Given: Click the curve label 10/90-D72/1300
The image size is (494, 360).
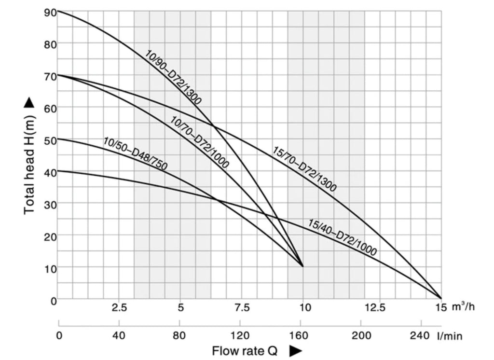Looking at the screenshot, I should (x=173, y=77).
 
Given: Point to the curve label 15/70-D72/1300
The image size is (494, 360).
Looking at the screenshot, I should (x=304, y=169).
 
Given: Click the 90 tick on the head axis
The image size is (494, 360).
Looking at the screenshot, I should (x=50, y=12).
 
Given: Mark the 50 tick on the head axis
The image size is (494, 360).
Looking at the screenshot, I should (x=50, y=140).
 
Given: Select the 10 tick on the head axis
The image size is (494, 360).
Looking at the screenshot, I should (x=50, y=267).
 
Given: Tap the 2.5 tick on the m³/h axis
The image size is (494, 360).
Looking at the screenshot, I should (x=119, y=308).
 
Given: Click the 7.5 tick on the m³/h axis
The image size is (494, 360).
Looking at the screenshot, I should (x=242, y=308).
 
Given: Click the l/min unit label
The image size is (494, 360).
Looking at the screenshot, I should (x=451, y=335).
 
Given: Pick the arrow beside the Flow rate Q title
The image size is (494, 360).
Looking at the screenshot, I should (x=295, y=351).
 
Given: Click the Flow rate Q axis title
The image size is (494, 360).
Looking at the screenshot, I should (x=245, y=351).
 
